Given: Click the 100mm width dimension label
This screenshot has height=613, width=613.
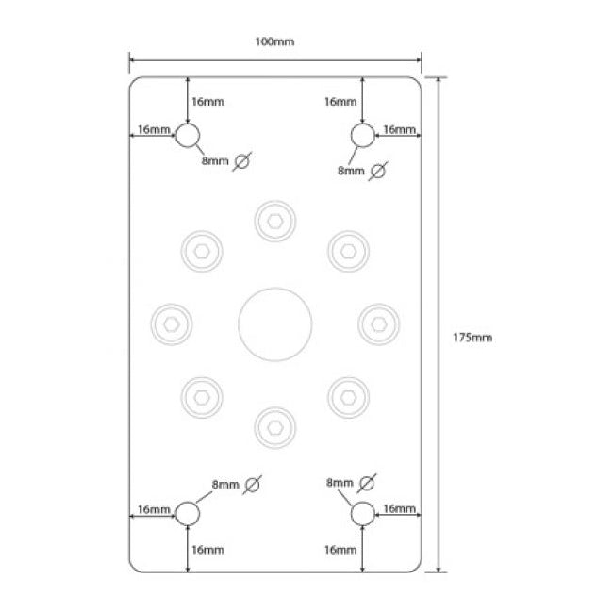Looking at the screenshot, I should point(274,42).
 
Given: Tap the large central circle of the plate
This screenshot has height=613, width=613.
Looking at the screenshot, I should point(274,323).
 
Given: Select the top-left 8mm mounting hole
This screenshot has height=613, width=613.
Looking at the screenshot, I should point(189,136).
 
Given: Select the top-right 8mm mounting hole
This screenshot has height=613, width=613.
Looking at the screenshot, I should point(362,136).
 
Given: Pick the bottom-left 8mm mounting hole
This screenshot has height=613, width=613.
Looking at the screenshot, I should point(188,513).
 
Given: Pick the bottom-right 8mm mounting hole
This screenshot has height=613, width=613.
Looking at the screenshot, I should point(362,513).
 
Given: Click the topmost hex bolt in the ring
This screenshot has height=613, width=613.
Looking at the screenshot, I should point(274,221).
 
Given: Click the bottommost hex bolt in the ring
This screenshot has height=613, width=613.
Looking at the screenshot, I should point(274,426).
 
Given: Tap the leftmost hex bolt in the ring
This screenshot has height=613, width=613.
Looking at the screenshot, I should point(172,323).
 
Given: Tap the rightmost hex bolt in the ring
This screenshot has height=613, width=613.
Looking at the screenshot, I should point(378,323).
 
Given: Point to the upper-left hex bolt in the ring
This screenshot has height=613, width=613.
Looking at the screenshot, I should point(202,251).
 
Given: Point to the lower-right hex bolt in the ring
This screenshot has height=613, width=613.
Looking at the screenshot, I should point(348,396).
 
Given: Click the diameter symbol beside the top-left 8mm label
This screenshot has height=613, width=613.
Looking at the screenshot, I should point(242,161).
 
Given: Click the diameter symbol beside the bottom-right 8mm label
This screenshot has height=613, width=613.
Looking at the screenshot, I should point(367,483).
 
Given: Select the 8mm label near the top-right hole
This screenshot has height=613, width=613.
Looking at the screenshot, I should point(351,171).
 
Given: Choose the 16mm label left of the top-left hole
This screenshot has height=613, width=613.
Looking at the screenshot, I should point(153,129).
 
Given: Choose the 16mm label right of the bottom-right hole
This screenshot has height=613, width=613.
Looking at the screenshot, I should point(400,509).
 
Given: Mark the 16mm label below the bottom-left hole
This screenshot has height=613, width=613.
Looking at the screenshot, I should point(207,550).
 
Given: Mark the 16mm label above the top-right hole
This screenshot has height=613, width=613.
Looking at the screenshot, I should point(340,101).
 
